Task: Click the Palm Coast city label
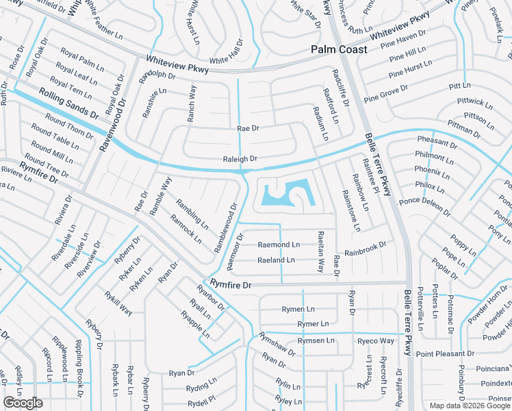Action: (x=339, y=49)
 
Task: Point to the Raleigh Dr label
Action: (x=240, y=159)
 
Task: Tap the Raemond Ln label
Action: (x=279, y=245)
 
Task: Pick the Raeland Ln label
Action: (x=276, y=260)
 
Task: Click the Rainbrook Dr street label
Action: (x=366, y=247)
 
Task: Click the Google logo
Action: (x=23, y=403)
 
